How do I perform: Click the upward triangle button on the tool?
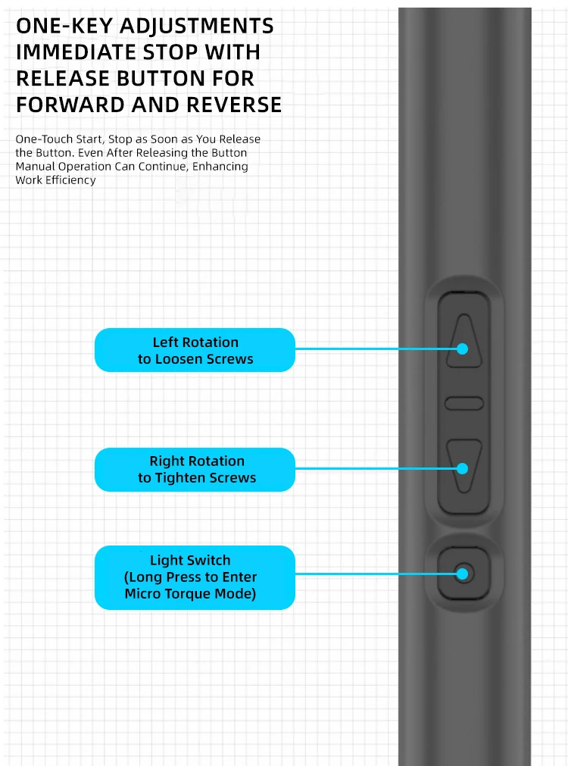click(463, 343)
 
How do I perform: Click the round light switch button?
click(463, 574)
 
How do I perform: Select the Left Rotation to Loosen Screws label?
click(195, 350)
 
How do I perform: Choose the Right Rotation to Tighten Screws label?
click(195, 470)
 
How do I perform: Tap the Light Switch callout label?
click(195, 577)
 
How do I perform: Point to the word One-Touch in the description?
click(39, 139)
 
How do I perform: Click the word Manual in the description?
click(33, 167)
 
